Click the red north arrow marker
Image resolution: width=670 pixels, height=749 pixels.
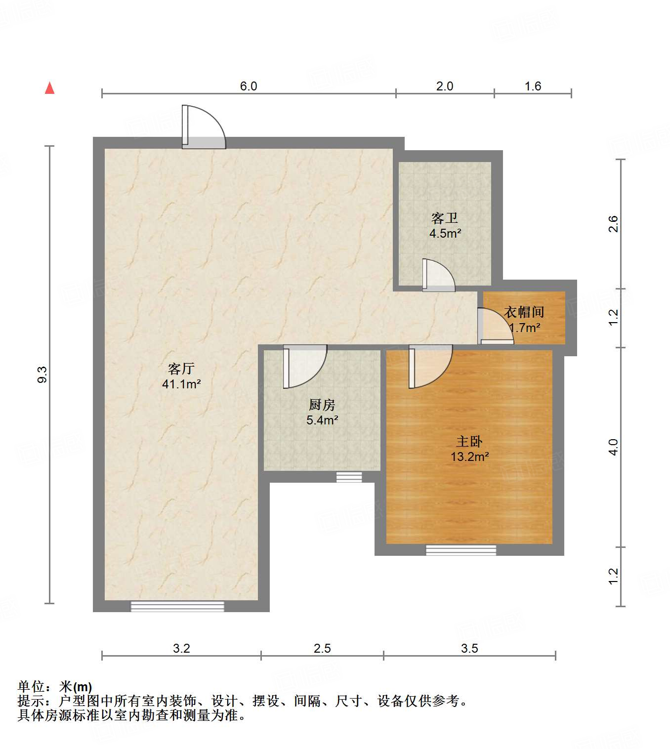[x=49, y=88]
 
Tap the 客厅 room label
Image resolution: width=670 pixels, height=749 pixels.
[x=181, y=369]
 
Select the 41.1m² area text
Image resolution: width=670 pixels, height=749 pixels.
[x=181, y=384]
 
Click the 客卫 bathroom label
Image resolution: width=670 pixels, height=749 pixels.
[x=445, y=218]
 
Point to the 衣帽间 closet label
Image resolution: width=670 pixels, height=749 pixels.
[x=524, y=312]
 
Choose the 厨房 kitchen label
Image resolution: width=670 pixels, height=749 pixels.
[x=322, y=405]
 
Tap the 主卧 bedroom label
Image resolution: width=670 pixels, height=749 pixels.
[x=469, y=441]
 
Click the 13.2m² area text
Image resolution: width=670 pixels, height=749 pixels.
[x=469, y=457]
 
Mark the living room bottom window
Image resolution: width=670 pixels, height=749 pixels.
[x=177, y=606]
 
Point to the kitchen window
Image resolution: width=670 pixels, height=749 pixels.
[x=349, y=477]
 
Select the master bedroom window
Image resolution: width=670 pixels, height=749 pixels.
[x=461, y=550]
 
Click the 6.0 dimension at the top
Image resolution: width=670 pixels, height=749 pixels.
[x=249, y=86]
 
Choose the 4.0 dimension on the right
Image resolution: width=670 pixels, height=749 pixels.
[x=613, y=447]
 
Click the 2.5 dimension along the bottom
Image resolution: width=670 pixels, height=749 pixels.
[x=322, y=648]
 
